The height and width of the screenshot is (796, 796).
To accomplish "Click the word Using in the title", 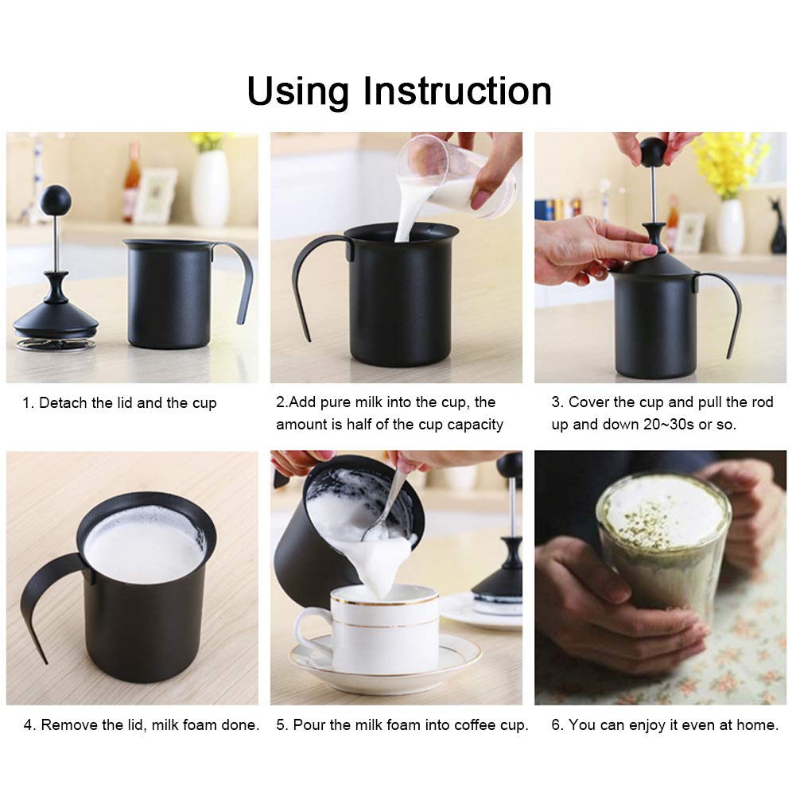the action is [298, 92].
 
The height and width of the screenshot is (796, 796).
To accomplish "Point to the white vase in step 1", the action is [210, 188].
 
